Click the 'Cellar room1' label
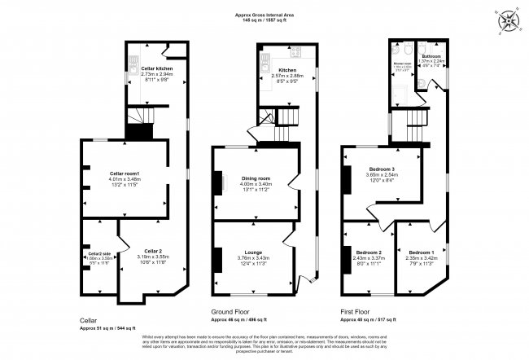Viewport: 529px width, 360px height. click(125, 173)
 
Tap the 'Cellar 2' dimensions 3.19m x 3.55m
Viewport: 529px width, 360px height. click(148, 257)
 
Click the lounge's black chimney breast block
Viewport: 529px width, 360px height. click(217, 258)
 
